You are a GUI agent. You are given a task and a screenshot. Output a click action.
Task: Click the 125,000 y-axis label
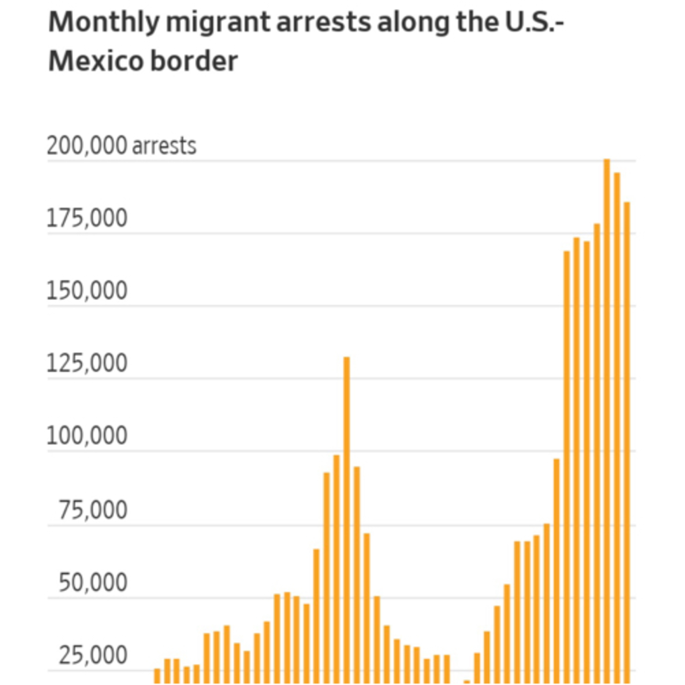87,364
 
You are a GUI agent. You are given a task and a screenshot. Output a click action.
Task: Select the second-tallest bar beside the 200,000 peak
617,425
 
